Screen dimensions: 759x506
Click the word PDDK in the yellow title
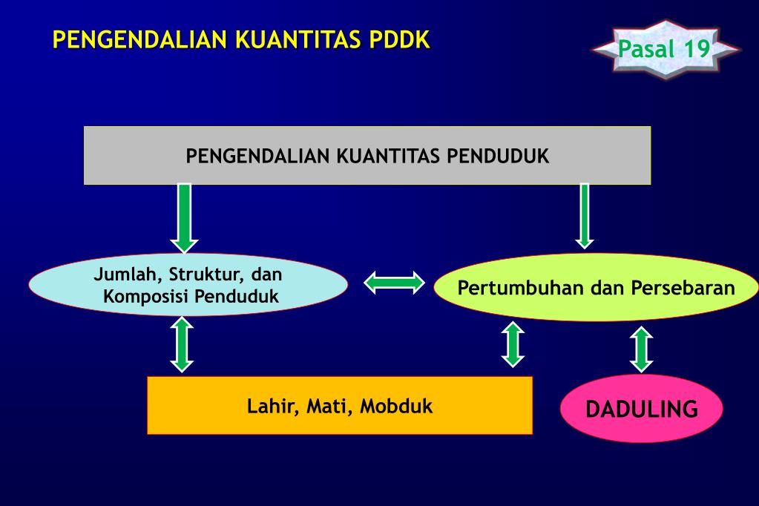[399, 40]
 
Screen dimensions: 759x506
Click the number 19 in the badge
[697, 49]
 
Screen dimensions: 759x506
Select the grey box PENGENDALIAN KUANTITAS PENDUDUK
[367, 155]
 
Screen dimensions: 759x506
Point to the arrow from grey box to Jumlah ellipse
[185, 218]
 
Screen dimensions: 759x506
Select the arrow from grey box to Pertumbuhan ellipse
[584, 216]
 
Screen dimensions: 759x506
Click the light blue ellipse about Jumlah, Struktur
[188, 285]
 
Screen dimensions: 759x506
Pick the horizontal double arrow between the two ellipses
[394, 283]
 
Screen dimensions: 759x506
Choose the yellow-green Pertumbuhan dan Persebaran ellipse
[596, 287]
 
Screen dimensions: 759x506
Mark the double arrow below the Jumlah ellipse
[182, 344]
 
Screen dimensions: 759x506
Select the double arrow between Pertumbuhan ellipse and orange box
[513, 344]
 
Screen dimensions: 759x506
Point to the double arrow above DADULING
[642, 349]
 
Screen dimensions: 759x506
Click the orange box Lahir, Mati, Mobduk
[340, 405]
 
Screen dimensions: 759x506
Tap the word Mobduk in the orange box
[396, 407]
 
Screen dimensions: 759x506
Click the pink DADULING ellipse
[641, 408]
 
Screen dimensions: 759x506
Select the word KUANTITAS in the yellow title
[298, 40]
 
